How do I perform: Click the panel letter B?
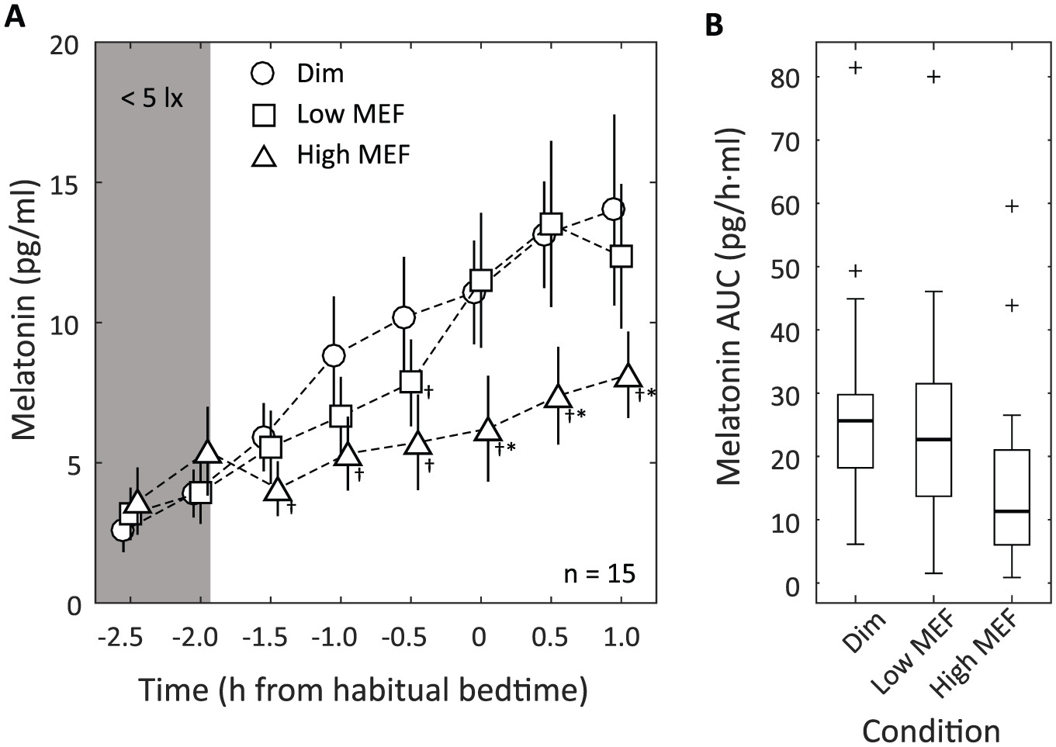point(714,25)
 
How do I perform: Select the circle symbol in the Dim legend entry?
point(262,74)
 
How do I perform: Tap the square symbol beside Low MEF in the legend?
point(264,115)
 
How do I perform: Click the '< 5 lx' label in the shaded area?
point(152,99)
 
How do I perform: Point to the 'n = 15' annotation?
point(600,574)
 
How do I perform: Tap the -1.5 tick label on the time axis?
point(265,638)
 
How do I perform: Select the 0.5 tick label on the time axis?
point(549,638)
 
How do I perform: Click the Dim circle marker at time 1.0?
point(613,209)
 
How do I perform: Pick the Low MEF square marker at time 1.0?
point(621,256)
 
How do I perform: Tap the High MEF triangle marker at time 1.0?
point(628,376)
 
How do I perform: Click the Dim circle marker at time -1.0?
point(334,355)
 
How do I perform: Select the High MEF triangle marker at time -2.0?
point(207,452)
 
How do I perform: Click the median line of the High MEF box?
point(1012,511)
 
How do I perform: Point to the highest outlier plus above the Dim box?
point(855,67)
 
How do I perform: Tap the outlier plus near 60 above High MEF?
point(1012,206)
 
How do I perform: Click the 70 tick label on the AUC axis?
point(785,141)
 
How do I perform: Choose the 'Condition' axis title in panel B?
point(931,731)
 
